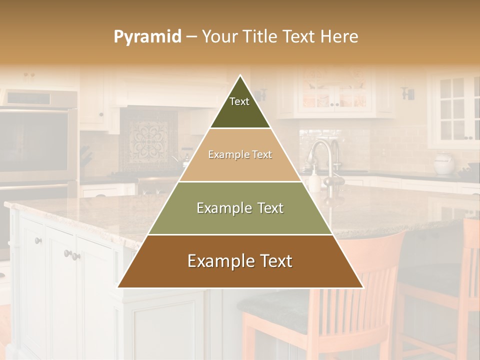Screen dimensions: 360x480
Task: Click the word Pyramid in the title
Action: point(147,37)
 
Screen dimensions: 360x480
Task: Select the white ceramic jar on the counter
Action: point(444,163)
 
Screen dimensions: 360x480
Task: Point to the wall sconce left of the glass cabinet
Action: point(408,93)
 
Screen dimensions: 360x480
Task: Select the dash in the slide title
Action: point(191,37)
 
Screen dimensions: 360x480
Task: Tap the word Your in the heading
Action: point(220,37)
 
